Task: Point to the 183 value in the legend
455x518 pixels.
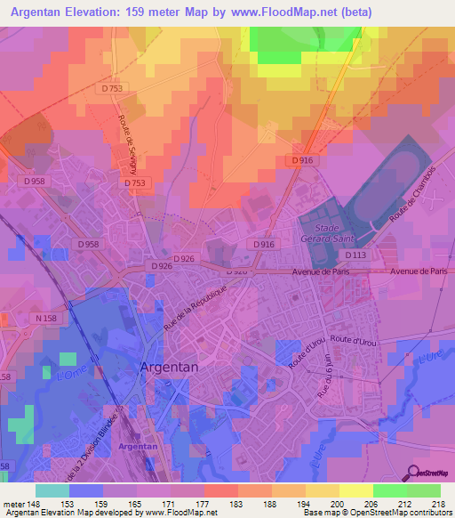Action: (x=235, y=505)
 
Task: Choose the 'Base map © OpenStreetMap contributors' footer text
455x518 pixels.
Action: (x=377, y=514)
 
